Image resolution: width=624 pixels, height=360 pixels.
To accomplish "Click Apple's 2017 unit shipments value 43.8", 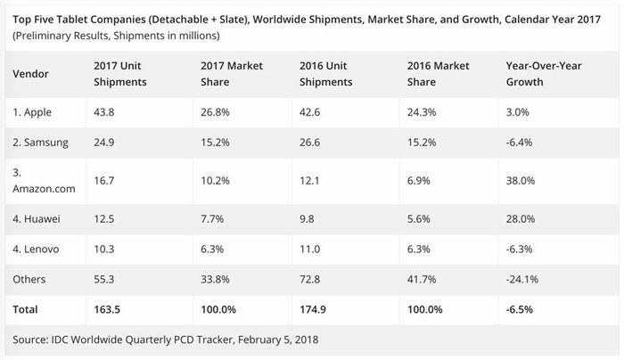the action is pos(104,112).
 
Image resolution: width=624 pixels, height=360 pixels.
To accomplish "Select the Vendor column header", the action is pos(30,74).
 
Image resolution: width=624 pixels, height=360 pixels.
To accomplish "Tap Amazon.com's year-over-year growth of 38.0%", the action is pos(520,181).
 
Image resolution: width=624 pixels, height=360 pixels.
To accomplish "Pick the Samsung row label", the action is pos(40,143).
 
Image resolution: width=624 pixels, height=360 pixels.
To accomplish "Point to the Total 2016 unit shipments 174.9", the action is pos(313,309).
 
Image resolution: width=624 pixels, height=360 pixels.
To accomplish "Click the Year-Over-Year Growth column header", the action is pos(544,74).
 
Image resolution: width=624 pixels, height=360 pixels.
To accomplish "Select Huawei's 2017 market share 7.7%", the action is pos(212,219).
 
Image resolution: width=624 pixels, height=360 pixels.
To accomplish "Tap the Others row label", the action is pos(29,279).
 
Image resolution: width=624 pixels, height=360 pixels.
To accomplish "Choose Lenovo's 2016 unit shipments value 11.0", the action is pos(309,249).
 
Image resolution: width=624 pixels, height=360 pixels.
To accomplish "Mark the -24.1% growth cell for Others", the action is pos(522,279).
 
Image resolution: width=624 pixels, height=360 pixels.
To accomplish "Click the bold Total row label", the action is pos(25,309).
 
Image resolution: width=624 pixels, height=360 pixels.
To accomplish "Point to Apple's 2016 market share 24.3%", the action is pos(422,112).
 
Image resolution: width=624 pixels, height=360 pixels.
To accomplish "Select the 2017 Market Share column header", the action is pos(232,74).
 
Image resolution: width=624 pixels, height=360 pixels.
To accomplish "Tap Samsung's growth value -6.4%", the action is pos(519,143).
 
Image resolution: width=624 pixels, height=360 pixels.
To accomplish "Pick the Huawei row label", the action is pos(37,219).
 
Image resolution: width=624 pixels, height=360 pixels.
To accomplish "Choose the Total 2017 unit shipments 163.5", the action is pos(107,309).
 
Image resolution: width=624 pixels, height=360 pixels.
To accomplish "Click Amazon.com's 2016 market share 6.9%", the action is pos(419,181).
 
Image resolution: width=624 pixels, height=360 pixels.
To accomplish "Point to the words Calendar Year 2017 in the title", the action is pos(553,19).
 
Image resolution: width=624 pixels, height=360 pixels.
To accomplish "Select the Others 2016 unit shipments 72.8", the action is pos(309,279).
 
